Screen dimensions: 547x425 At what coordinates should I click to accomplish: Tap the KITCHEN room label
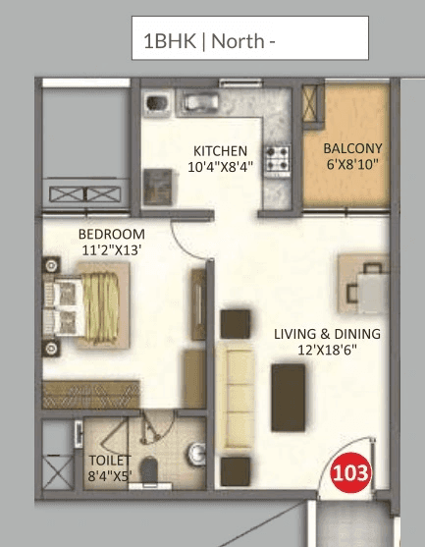[x=220, y=150]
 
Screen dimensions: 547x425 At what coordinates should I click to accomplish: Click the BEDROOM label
[x=112, y=234]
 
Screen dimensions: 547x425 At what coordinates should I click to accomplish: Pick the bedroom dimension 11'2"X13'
[x=112, y=249]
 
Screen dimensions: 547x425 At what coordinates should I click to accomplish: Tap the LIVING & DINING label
[x=327, y=334]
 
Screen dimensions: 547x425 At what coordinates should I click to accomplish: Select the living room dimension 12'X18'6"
[x=327, y=351]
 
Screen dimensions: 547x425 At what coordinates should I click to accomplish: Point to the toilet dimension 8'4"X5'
[x=109, y=475]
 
